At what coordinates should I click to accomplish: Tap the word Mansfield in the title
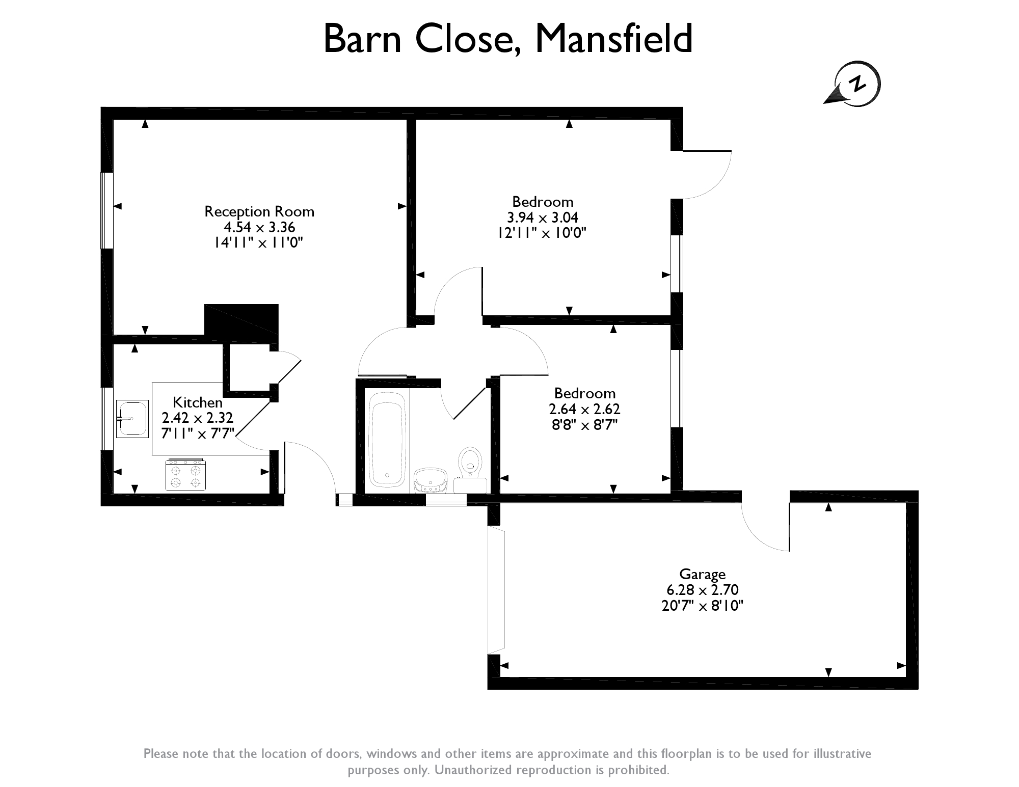tap(613, 38)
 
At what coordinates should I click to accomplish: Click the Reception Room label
tap(259, 211)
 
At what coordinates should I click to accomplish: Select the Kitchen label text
tap(198, 402)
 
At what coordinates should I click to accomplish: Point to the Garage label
tap(703, 575)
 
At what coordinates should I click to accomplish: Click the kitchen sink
tap(132, 419)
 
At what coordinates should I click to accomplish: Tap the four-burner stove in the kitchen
tap(185, 475)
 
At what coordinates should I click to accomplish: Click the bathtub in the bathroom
tap(387, 439)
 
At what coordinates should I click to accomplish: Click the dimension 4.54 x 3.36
tap(259, 227)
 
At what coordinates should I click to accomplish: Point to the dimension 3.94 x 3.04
tap(542, 218)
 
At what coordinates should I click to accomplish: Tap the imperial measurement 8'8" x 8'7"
tap(585, 425)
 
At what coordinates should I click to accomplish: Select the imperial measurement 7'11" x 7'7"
tap(198, 433)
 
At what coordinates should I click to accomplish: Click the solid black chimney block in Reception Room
tap(242, 320)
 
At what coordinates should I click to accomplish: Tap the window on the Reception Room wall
tap(106, 210)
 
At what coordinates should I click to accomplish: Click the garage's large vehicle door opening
tap(496, 591)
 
